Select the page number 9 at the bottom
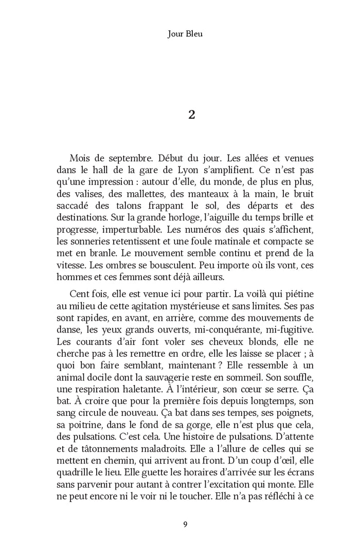tap(185, 524)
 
